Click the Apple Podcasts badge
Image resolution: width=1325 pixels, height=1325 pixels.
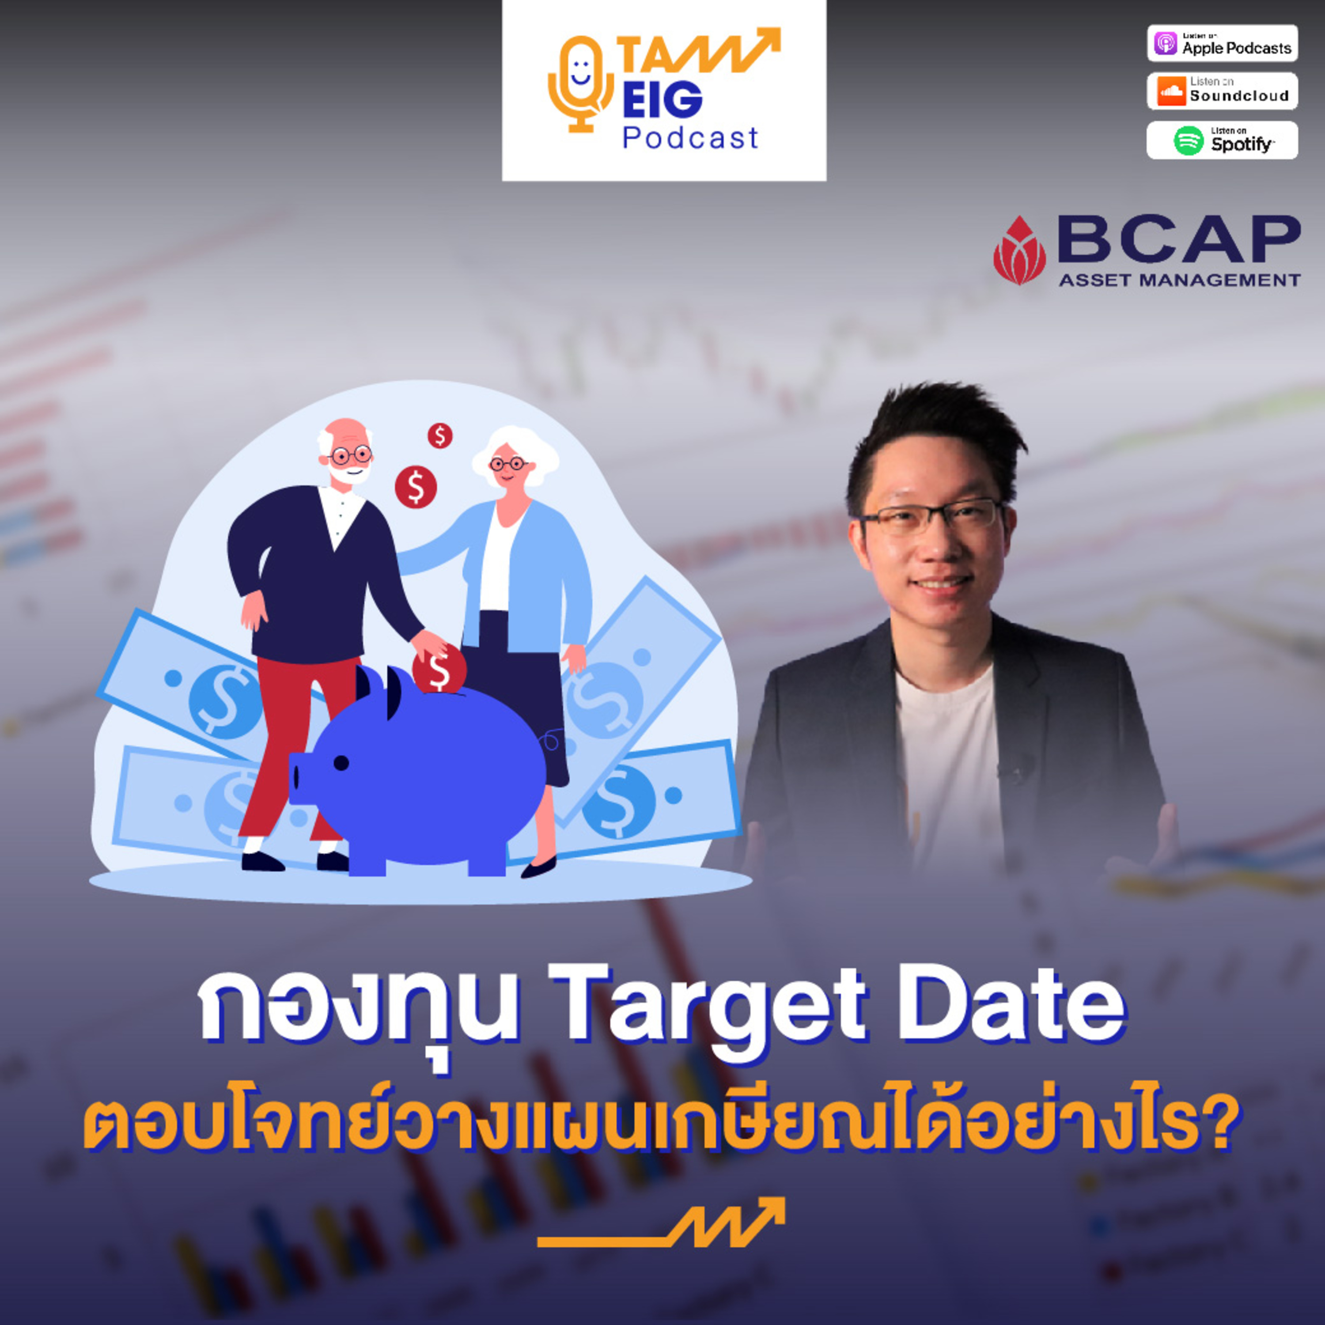(1222, 43)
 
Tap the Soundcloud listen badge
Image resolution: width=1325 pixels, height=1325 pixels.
(1222, 91)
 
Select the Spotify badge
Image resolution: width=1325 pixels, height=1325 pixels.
(1222, 140)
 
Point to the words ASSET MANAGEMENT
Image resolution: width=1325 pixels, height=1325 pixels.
(1180, 280)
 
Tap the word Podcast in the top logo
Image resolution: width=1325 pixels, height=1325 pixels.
(690, 138)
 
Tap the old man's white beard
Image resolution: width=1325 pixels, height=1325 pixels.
(348, 472)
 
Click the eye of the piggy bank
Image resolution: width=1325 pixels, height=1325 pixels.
(341, 763)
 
